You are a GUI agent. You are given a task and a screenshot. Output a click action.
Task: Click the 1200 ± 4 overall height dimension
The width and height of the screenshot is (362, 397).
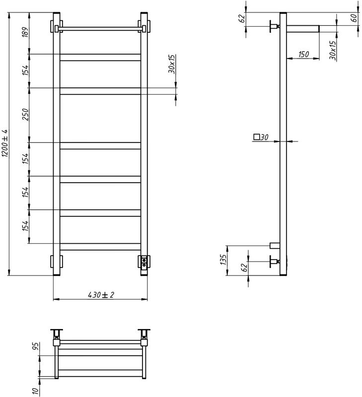pos(4,144)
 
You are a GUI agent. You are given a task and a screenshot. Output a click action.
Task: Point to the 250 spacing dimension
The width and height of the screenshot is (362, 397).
pos(25,115)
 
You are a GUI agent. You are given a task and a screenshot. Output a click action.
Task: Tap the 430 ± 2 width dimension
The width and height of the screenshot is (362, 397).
pos(101,295)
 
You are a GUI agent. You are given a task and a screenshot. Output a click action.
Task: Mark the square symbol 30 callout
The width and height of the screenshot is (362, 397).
pos(261,137)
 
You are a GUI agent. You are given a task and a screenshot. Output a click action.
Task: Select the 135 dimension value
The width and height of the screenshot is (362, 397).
pos(223,260)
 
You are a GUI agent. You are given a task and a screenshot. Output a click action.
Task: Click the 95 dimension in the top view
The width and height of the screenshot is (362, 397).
pos(36,346)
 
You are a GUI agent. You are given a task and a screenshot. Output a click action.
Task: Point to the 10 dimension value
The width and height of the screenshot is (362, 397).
pos(36,390)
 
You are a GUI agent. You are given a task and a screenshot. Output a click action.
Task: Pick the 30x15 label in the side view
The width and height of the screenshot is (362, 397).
pos(332,51)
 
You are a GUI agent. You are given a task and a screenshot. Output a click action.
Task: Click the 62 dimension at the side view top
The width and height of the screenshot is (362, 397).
pos(242,19)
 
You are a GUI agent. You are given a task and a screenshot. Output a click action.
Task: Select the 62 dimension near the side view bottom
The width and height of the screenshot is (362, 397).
pos(243,268)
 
